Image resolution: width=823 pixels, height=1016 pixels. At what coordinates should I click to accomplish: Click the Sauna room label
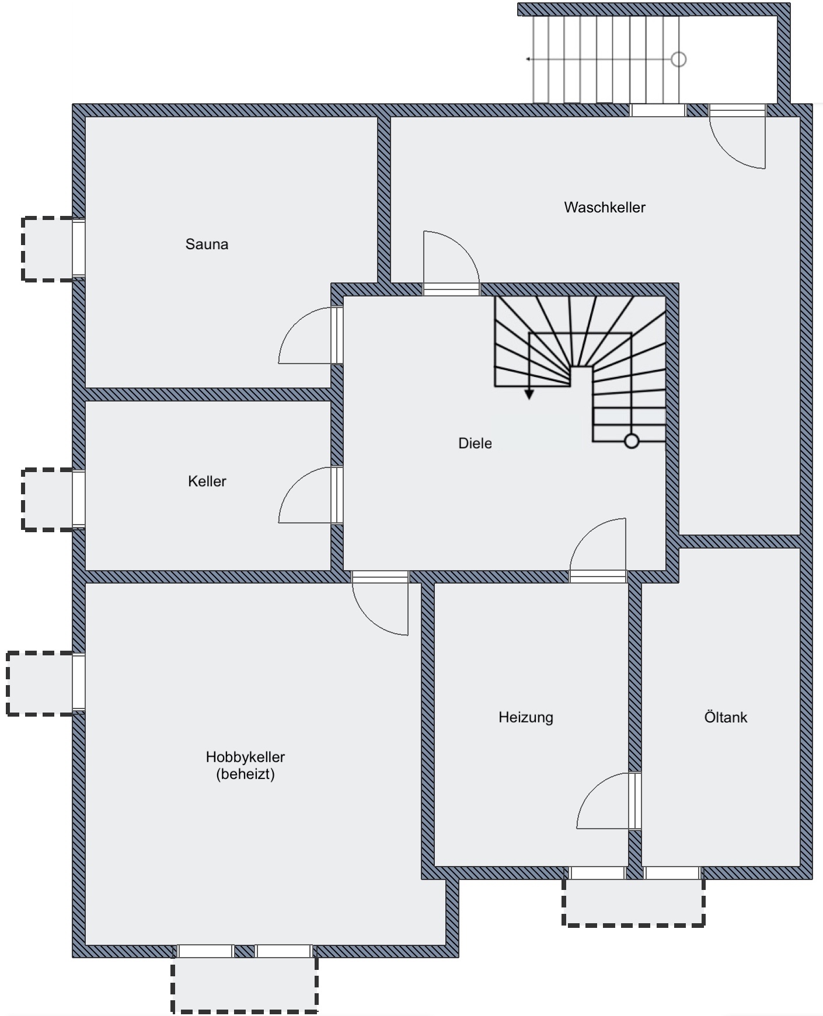tap(207, 244)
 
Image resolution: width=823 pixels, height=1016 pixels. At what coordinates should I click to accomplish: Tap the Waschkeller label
tap(605, 207)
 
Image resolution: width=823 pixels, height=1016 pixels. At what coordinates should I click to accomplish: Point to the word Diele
tap(475, 444)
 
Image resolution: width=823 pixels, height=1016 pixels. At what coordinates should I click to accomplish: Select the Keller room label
tap(207, 481)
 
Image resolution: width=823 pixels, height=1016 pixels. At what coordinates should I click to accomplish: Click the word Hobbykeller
tap(245, 757)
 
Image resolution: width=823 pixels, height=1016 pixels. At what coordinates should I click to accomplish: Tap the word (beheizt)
tap(245, 774)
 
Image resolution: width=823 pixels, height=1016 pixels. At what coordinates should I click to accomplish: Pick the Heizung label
tap(526, 717)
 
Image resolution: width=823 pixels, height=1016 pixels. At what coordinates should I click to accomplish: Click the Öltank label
tap(726, 717)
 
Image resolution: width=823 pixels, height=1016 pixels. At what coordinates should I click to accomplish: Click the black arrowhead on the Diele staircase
tap(529, 395)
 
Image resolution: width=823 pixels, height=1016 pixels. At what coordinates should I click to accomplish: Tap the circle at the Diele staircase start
tap(632, 442)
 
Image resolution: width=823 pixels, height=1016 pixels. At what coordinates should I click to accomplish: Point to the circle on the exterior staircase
tap(678, 59)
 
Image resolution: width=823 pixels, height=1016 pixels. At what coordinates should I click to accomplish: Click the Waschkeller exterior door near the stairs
tap(737, 137)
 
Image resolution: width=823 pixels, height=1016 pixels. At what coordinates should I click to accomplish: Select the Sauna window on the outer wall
tap(79, 247)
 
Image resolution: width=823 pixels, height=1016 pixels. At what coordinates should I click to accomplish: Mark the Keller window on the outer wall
tap(79, 499)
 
